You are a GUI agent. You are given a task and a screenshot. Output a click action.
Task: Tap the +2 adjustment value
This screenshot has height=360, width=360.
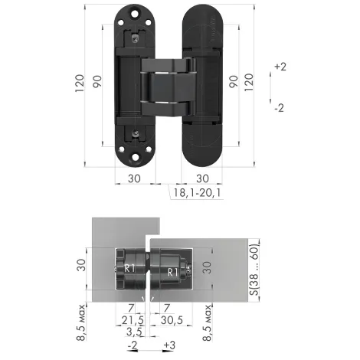point(280,67)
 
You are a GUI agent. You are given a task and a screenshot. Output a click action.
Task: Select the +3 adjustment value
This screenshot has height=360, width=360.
point(169,345)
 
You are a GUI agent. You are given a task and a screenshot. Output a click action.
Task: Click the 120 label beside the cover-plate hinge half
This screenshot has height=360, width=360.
point(247,80)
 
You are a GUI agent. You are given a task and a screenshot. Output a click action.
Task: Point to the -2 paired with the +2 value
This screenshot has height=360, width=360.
point(280,107)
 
